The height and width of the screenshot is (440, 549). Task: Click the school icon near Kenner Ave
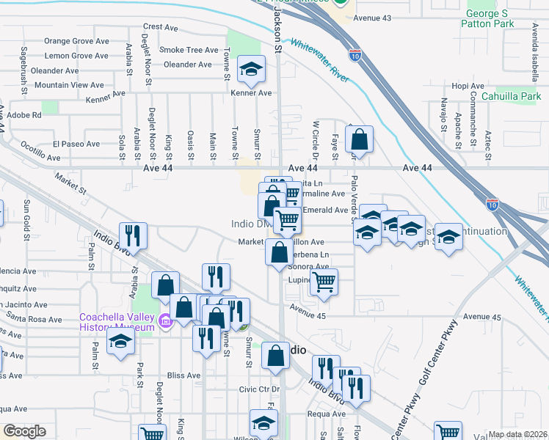[x=252, y=70]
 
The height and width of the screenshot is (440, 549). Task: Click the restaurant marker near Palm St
[x=133, y=235]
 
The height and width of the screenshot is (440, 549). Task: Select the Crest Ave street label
[x=161, y=27]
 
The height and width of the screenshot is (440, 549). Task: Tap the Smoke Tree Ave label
[x=189, y=50]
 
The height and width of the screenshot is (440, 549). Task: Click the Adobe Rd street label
[x=25, y=115]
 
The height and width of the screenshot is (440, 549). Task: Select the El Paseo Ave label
[x=76, y=144]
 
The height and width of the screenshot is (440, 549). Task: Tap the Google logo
[x=24, y=431]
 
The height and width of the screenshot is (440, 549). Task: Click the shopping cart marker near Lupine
[x=324, y=282]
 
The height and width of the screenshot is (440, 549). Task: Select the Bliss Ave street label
[x=183, y=375]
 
